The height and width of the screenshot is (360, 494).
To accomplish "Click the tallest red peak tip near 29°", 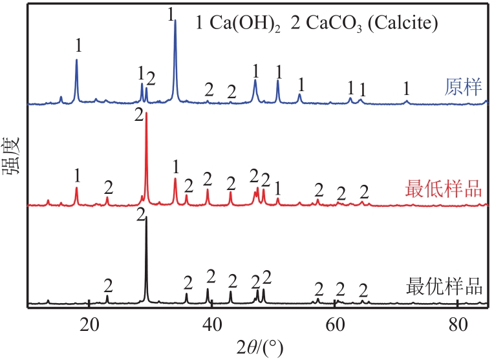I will pyautogui.click(x=147, y=114).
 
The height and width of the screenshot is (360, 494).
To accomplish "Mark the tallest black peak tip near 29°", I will pyautogui.click(x=146, y=218).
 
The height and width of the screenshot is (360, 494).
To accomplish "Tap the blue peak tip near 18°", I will pyautogui.click(x=76, y=60).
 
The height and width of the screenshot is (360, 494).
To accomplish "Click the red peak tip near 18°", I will pyautogui.click(x=76, y=188).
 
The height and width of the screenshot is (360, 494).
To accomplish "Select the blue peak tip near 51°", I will pyautogui.click(x=278, y=81).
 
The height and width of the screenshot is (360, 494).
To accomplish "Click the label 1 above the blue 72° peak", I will pyautogui.click(x=406, y=87).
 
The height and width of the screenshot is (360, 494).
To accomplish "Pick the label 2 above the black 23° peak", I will pyautogui.click(x=108, y=285).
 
